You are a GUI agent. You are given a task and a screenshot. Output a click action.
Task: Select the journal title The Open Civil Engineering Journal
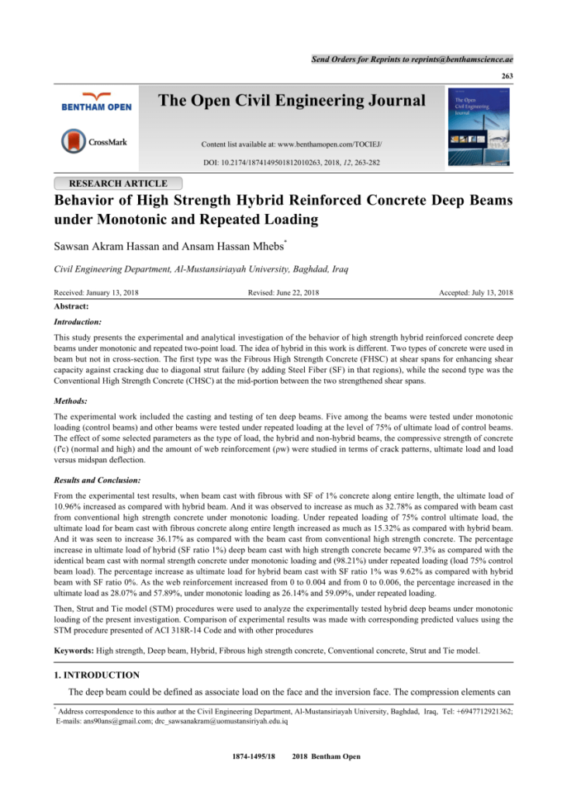point(291,102)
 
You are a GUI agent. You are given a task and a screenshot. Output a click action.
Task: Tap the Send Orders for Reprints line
point(412,59)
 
